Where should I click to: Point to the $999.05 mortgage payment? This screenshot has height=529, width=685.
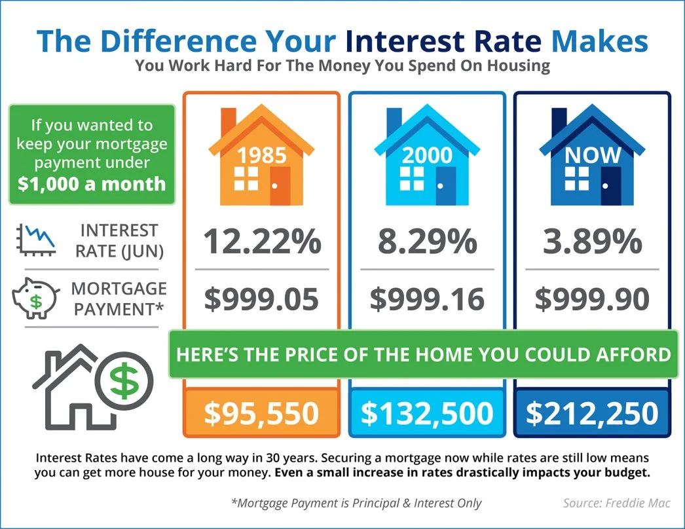pos(261,299)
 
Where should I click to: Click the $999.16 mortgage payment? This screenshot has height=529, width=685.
pos(427,299)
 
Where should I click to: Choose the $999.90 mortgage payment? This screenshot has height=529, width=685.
pos(592,299)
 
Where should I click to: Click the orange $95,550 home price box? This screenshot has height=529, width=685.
pos(261,413)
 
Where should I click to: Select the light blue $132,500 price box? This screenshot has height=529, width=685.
pos(427,413)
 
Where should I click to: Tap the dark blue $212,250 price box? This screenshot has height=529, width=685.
pos(592,413)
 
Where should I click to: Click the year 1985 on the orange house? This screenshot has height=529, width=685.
pos(261,155)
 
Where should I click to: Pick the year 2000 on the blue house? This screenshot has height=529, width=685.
pos(427,155)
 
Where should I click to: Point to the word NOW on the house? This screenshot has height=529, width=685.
pos(592,155)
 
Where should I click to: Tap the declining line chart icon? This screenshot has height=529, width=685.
pos(33,239)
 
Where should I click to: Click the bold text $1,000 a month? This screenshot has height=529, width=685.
pos(92,184)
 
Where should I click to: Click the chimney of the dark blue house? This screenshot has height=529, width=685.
pos(559,120)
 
